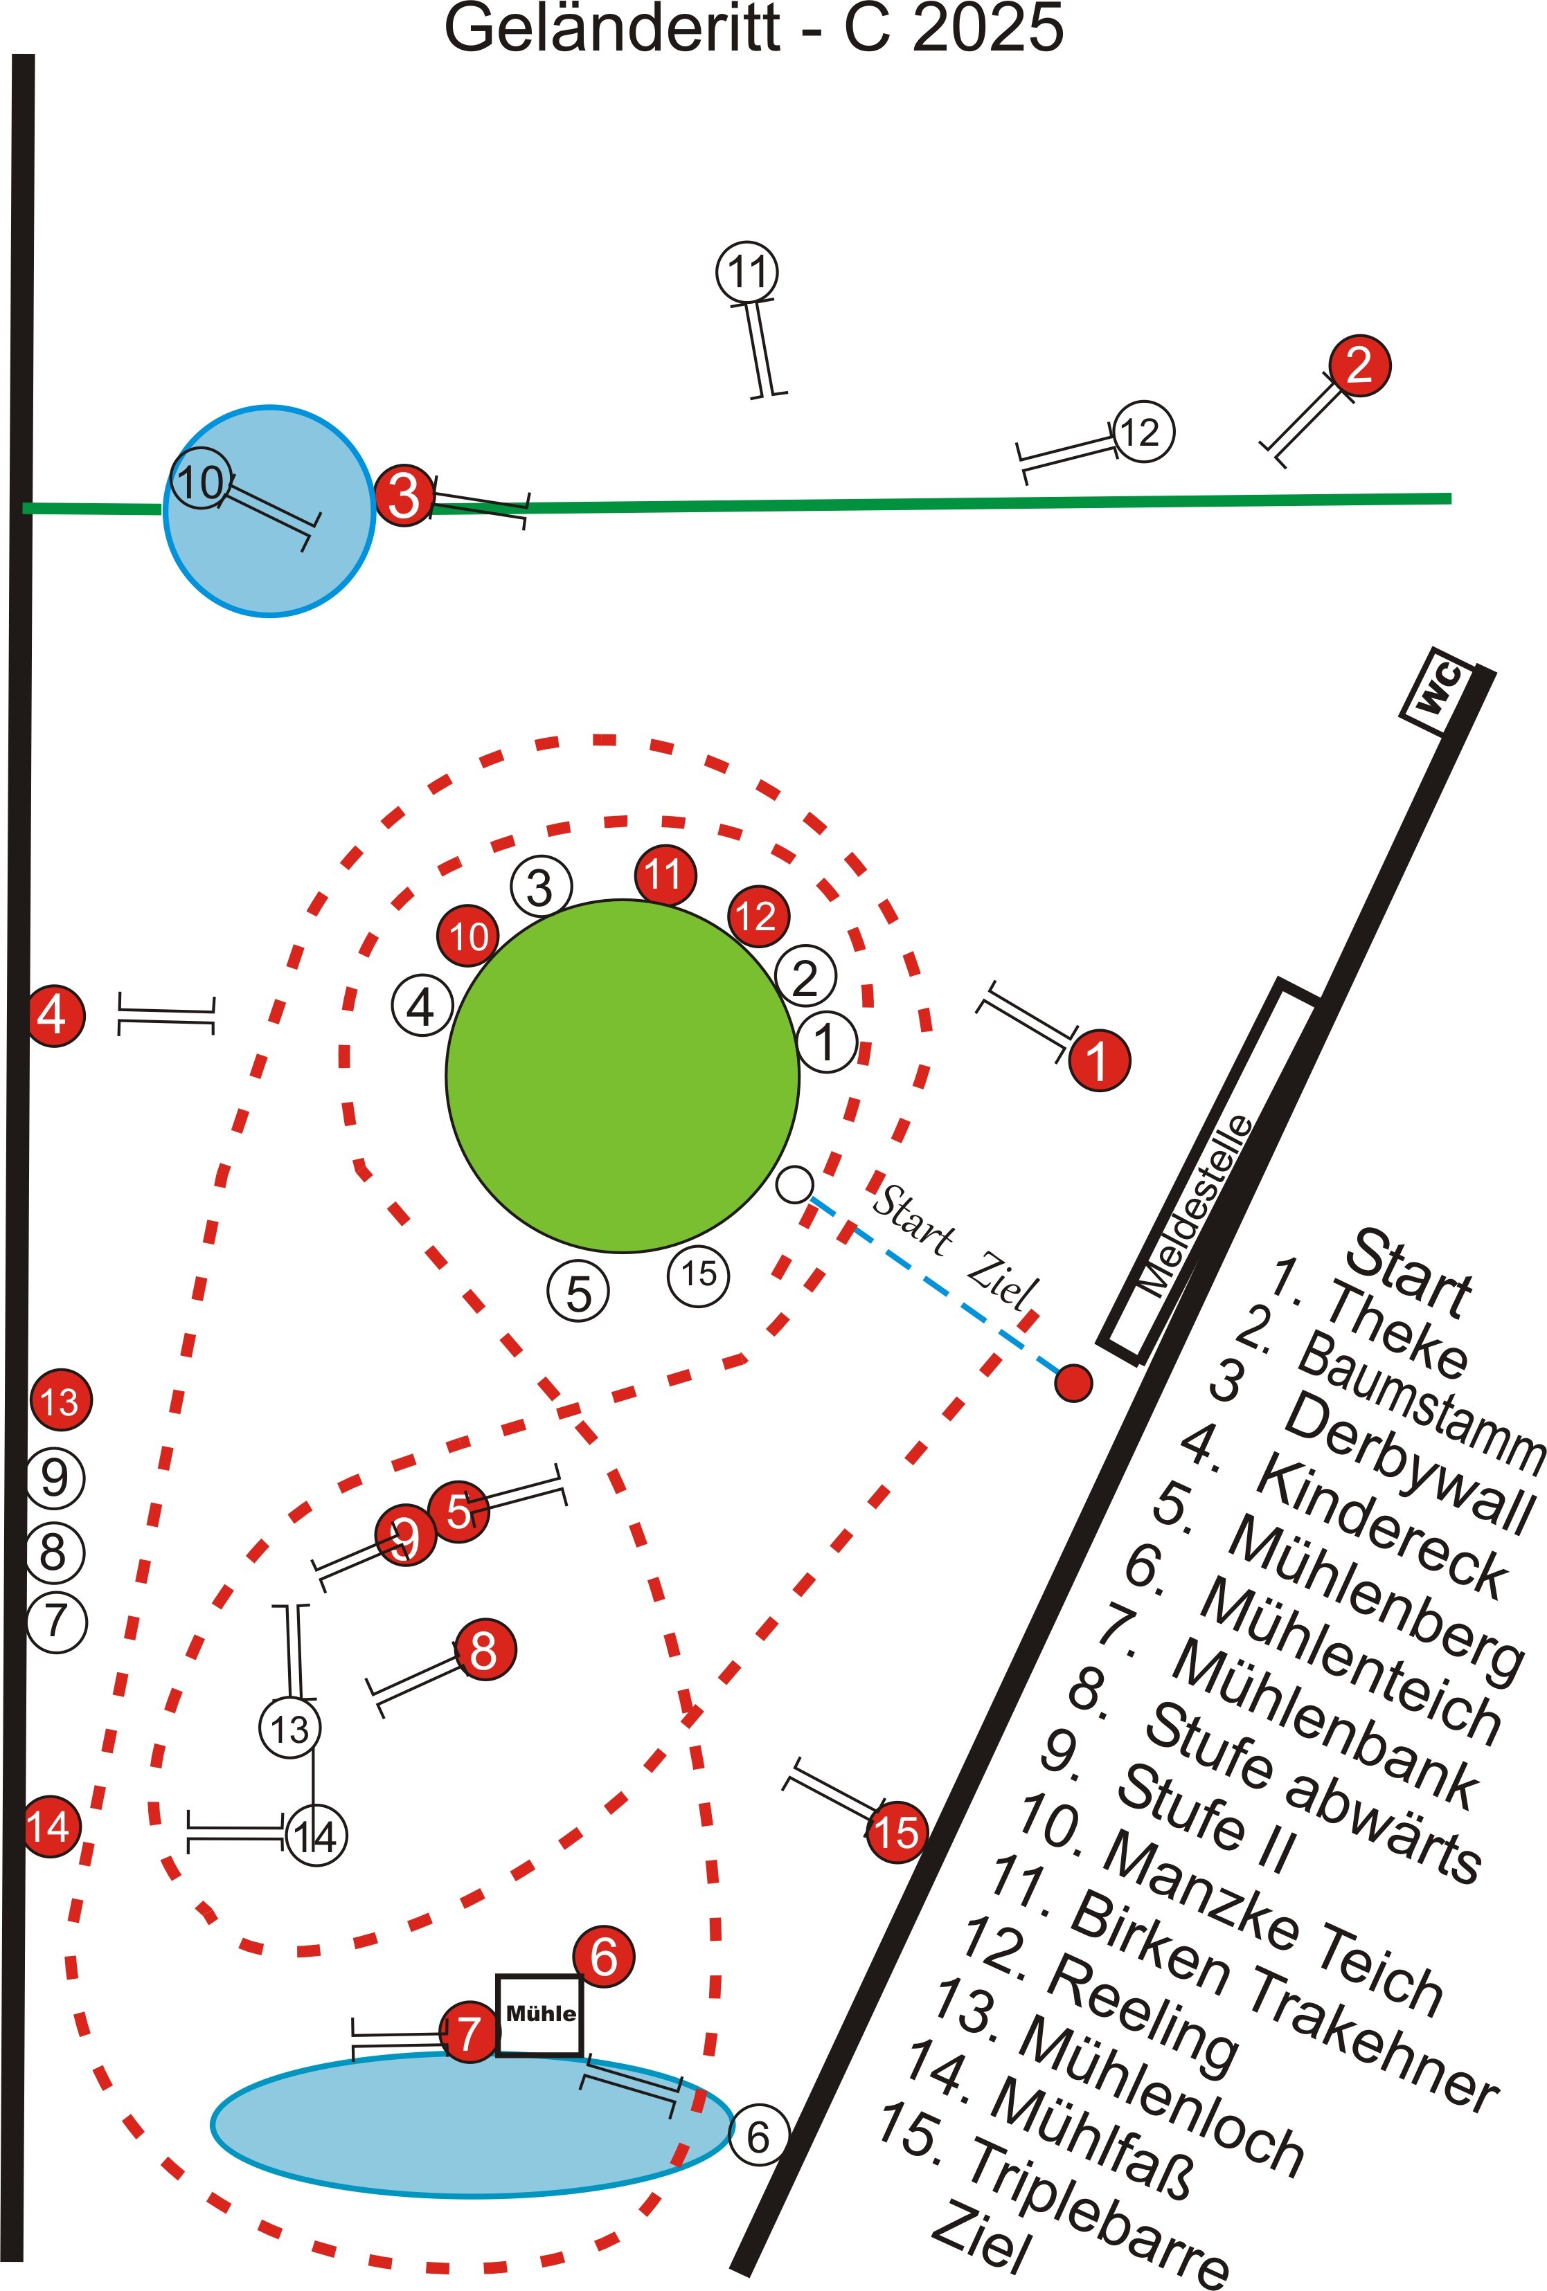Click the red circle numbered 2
(x=1359, y=365)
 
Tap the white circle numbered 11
(x=746, y=271)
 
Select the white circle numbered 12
(x=1143, y=432)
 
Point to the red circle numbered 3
(x=404, y=495)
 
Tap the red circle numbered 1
(x=1098, y=1061)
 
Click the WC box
(x=1438, y=690)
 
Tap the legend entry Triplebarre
(x=1100, y=2212)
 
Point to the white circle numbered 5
(x=579, y=1292)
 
